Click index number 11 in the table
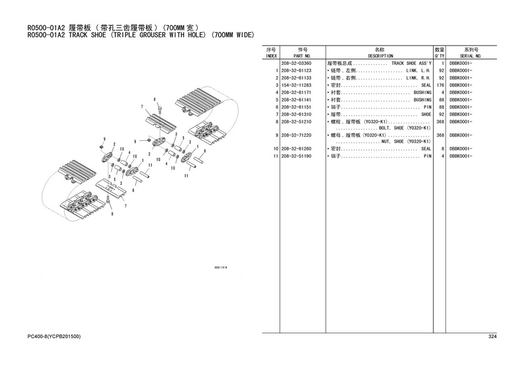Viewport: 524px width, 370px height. [274, 156]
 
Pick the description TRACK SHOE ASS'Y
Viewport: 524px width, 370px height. [411, 64]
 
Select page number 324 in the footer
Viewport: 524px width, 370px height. [492, 336]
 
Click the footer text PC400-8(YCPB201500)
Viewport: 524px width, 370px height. [54, 336]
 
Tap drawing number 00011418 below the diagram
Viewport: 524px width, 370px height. [220, 267]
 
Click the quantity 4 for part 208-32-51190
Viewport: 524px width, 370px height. [442, 156]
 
